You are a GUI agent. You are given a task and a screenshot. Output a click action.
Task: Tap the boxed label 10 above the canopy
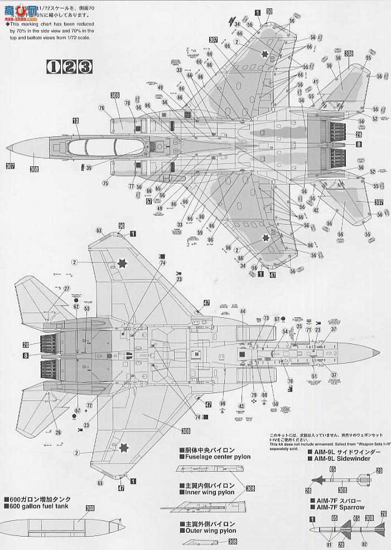coord(75,121)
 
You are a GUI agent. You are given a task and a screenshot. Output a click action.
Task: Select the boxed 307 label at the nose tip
coord(9,166)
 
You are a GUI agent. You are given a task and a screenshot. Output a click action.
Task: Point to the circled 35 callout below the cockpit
coord(89,166)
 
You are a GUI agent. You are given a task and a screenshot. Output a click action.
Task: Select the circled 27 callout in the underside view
coord(66,289)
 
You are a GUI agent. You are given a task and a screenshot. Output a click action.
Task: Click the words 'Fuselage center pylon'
coord(215,457)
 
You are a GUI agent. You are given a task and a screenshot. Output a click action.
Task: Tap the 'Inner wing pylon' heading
coord(207,492)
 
